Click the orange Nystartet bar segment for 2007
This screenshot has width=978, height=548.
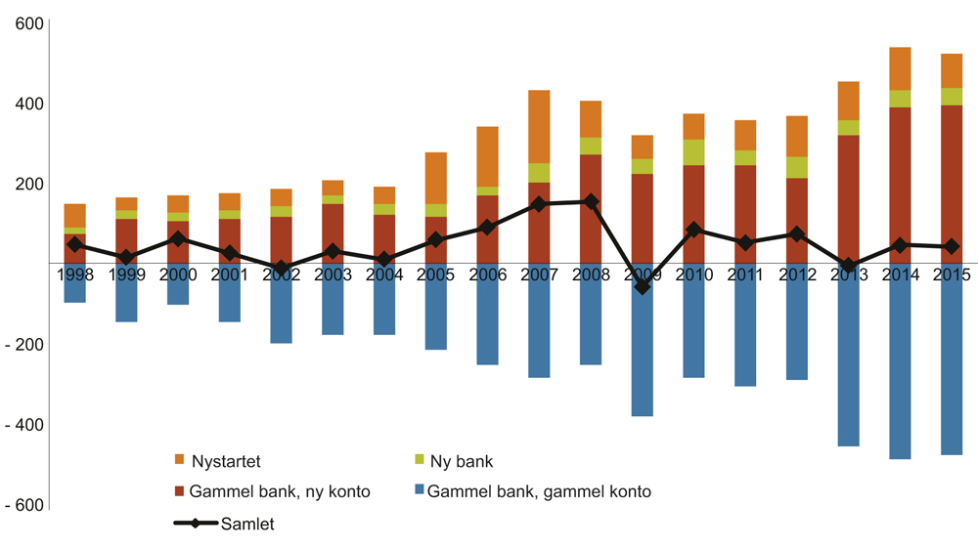539,126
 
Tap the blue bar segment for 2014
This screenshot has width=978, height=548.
899,371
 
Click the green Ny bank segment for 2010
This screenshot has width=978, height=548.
693,152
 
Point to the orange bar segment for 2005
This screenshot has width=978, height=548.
435,178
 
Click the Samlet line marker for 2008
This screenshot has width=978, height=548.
591,201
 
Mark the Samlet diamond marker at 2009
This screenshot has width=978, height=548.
643,286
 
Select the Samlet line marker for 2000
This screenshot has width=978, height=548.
178,238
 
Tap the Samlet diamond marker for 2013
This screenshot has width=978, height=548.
848,266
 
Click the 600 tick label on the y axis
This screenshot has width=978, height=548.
31,23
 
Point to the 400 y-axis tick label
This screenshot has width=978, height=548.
31,104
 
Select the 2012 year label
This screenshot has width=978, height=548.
796,275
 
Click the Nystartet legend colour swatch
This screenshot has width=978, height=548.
179,459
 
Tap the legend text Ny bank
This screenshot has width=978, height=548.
467,460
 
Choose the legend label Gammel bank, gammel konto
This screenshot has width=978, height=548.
539,492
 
